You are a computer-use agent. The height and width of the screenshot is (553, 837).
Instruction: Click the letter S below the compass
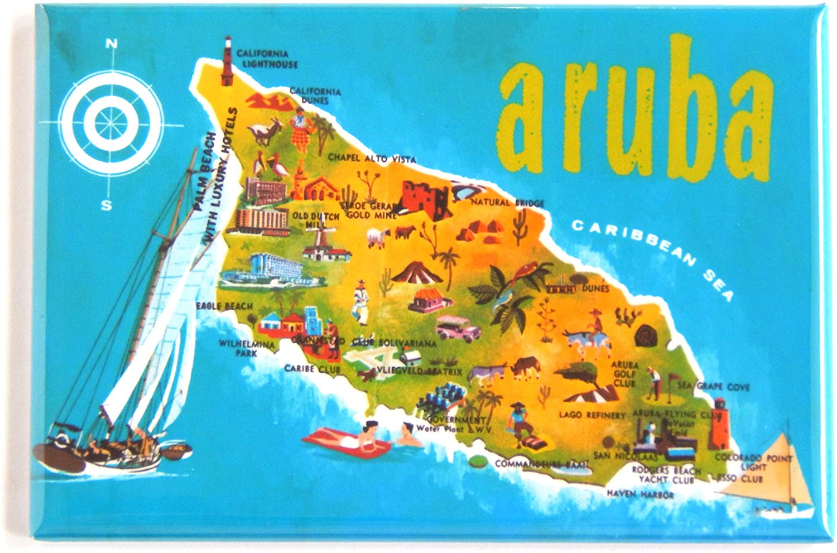(106, 205)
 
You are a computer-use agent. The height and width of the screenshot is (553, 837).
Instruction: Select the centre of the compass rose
(112, 122)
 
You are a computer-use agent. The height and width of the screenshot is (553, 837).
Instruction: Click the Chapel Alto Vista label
(372, 158)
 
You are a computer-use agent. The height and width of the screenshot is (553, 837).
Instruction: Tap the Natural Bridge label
(507, 203)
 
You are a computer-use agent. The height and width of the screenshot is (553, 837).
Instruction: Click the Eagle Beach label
(224, 306)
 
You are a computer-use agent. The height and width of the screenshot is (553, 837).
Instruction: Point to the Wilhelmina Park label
(246, 348)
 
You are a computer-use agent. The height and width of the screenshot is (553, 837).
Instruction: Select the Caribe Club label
(312, 369)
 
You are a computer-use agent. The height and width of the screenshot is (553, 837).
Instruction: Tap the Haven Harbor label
(640, 494)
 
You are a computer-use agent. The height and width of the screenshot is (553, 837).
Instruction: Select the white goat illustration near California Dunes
(260, 134)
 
